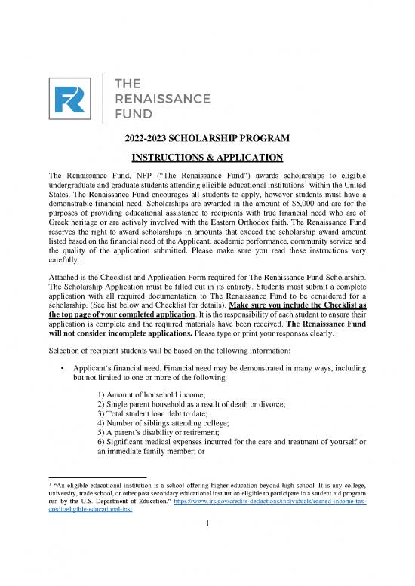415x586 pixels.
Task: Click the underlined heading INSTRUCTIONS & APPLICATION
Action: coord(207,158)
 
